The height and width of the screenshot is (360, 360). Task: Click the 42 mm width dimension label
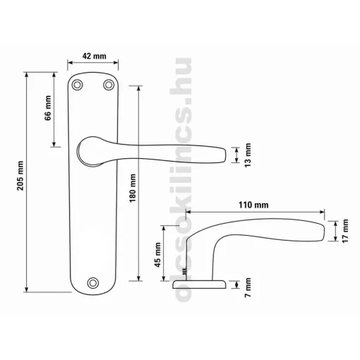point(94,56)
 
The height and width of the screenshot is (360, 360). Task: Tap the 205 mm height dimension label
point(20,176)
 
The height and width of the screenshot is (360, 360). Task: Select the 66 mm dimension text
point(48,108)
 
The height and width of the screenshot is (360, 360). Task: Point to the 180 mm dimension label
point(133,188)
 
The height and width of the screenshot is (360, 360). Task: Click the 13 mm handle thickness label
point(248,155)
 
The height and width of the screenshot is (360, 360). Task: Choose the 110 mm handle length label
point(253,205)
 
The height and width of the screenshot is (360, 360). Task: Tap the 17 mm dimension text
point(345,231)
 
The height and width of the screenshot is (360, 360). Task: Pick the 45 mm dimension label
point(157,255)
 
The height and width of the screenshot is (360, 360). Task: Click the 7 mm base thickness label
point(248,288)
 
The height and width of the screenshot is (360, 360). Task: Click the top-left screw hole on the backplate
point(77,85)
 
